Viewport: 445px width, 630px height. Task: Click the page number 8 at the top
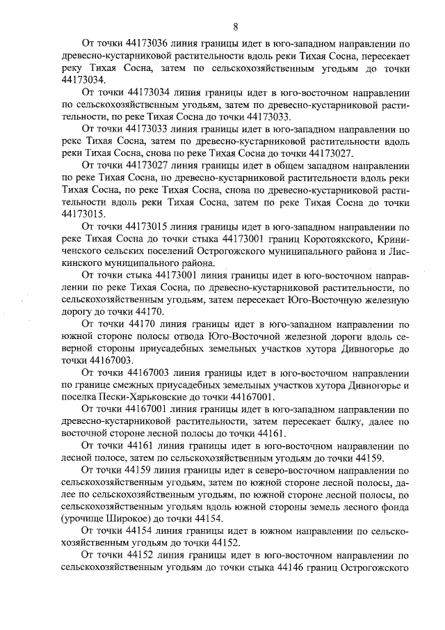click(x=236, y=27)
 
